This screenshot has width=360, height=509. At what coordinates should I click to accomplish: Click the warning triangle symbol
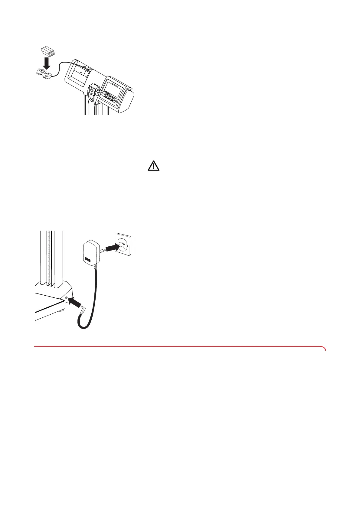(154, 166)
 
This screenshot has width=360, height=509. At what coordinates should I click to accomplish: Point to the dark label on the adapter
(87, 259)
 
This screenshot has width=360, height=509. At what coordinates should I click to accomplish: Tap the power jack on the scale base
(66, 298)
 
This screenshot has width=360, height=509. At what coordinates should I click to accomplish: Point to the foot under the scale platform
(62, 310)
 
